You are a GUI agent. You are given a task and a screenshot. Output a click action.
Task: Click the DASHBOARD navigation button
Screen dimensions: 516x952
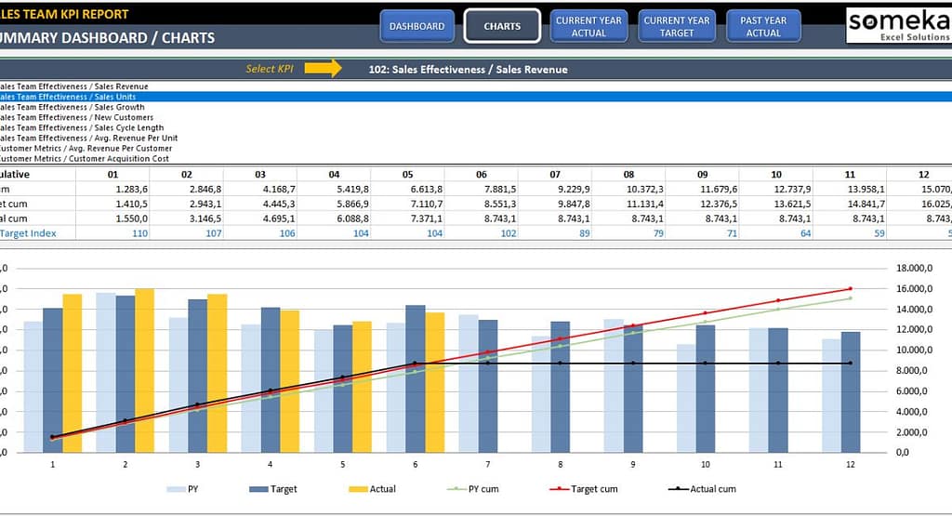[416, 26]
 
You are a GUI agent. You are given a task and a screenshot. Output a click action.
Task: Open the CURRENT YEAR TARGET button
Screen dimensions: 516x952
[677, 26]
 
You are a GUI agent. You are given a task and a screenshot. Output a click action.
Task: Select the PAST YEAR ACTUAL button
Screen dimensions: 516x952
[763, 26]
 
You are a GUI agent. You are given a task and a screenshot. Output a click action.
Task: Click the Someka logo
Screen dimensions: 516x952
[898, 25]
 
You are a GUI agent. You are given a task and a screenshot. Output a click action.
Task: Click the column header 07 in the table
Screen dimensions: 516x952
[555, 174]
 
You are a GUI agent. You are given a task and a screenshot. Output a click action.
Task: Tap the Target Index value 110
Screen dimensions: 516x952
[140, 233]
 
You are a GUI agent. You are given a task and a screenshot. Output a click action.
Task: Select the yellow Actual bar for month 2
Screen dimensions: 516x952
[144, 370]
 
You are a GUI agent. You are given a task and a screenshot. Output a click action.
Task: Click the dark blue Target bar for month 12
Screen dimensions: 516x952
[851, 391]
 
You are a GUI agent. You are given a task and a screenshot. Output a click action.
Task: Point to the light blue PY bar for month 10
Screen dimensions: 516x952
[686, 398]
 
